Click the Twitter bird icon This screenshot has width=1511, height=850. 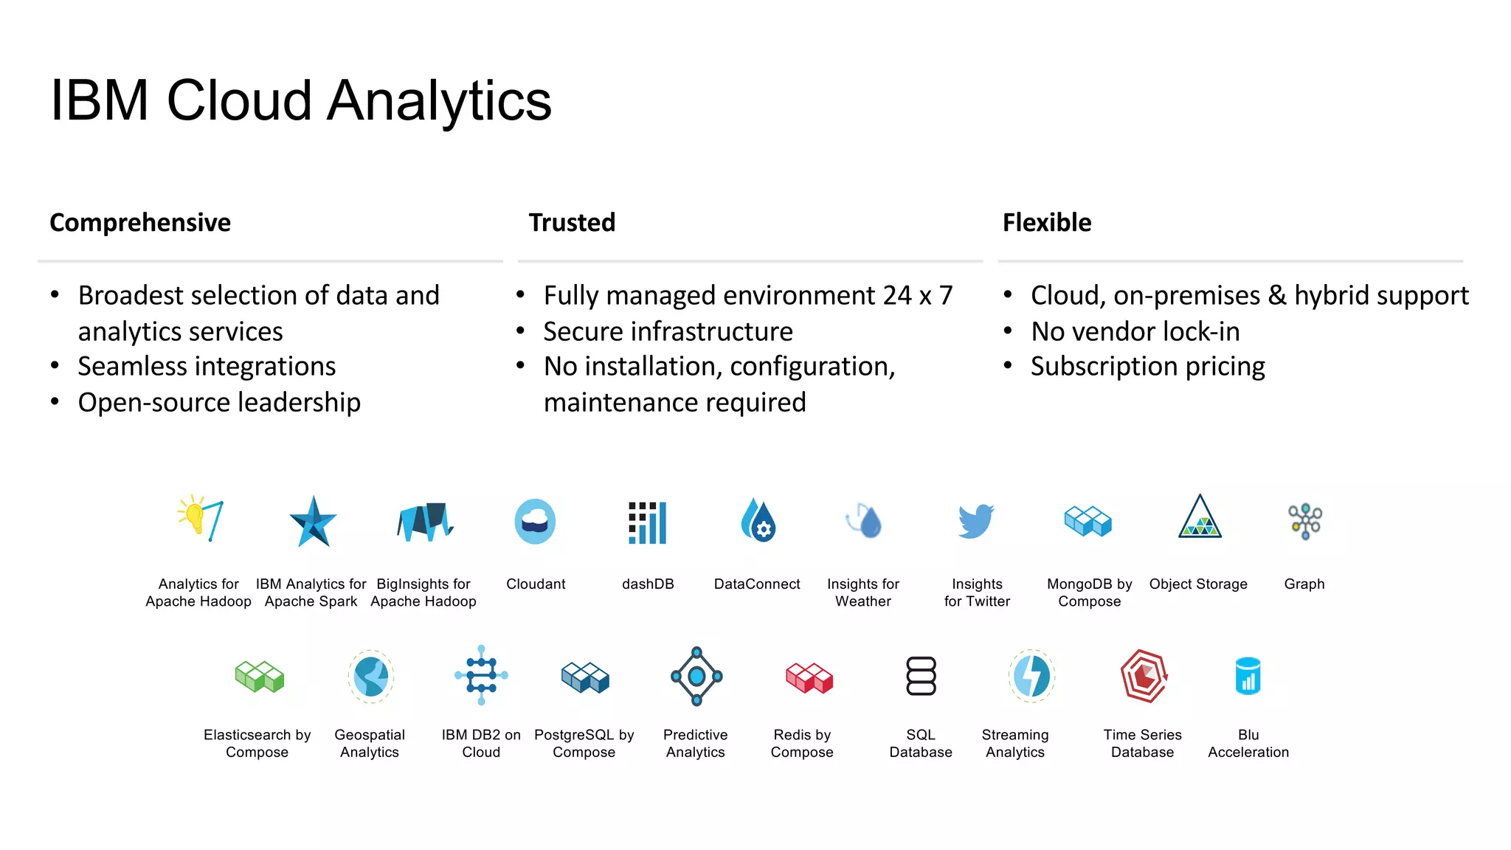(x=976, y=522)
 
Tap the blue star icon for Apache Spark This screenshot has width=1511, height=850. (x=313, y=522)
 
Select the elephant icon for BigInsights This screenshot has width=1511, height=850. (x=424, y=522)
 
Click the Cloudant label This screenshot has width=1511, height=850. (x=536, y=584)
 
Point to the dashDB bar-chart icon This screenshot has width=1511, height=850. (x=647, y=522)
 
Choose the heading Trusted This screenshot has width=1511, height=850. (x=572, y=222)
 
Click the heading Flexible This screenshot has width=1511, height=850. (x=1046, y=222)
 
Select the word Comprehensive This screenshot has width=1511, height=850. (x=140, y=222)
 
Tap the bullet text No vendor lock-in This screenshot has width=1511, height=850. (x=1135, y=331)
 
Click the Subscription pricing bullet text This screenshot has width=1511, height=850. (x=1147, y=367)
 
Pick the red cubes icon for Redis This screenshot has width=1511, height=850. (x=809, y=677)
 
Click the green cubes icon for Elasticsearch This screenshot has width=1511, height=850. (x=259, y=676)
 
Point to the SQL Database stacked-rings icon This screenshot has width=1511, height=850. (x=921, y=676)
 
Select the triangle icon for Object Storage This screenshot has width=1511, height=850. (x=1200, y=518)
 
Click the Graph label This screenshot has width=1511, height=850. (x=1304, y=584)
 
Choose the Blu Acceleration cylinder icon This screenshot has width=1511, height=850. (x=1248, y=676)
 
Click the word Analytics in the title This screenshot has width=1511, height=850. (x=439, y=101)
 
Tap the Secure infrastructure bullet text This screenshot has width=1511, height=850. (x=668, y=331)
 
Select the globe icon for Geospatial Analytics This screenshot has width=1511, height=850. (x=370, y=676)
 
